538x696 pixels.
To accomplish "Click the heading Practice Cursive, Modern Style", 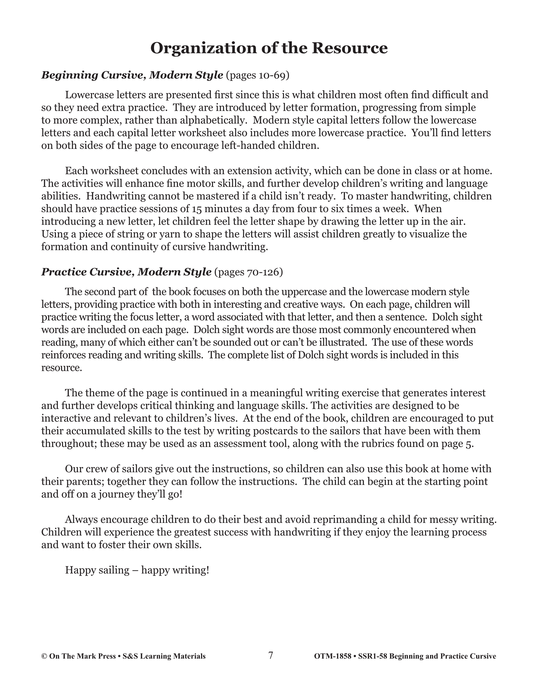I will tap(126, 272).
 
